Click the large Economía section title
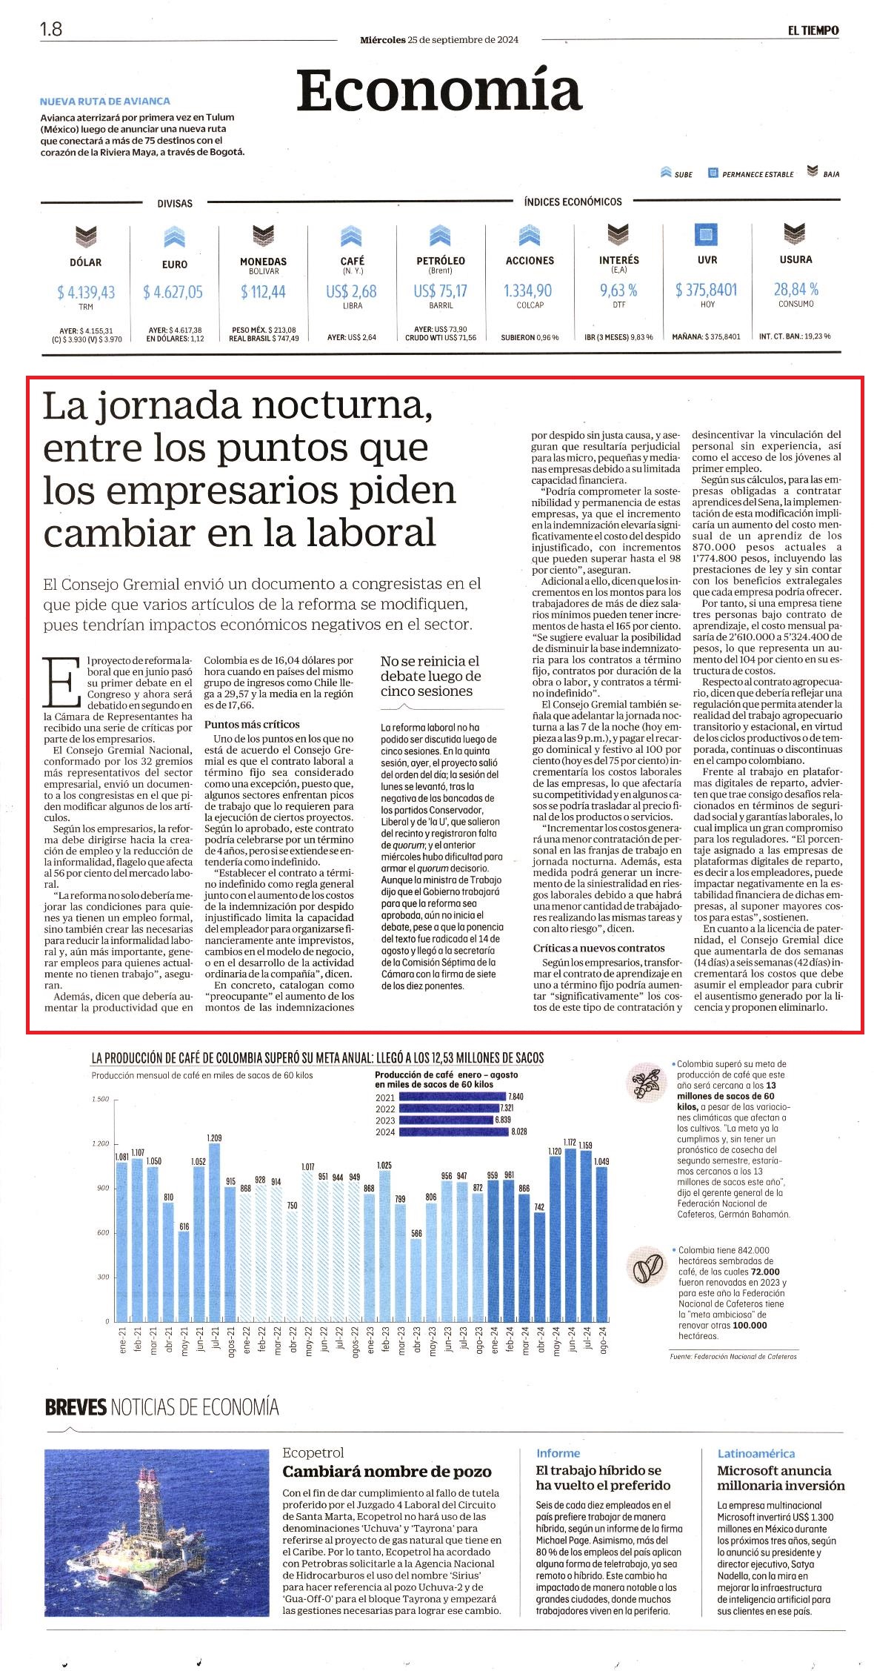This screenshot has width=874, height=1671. pyautogui.click(x=438, y=89)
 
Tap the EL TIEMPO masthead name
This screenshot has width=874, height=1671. pyautogui.click(x=813, y=30)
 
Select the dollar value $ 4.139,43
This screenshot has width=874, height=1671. pyautogui.click(x=86, y=293)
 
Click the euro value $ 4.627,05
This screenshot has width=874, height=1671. pyautogui.click(x=173, y=293)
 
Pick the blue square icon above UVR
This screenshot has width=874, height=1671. pyautogui.click(x=706, y=236)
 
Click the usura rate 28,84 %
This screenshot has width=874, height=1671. pyautogui.click(x=796, y=288)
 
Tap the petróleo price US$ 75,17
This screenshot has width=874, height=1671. pyautogui.click(x=441, y=291)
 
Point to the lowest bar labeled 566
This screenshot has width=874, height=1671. pyautogui.click(x=416, y=1280)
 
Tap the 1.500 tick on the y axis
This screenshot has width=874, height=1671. pyautogui.click(x=101, y=1099)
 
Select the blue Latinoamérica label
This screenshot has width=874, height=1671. pyautogui.click(x=755, y=1453)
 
